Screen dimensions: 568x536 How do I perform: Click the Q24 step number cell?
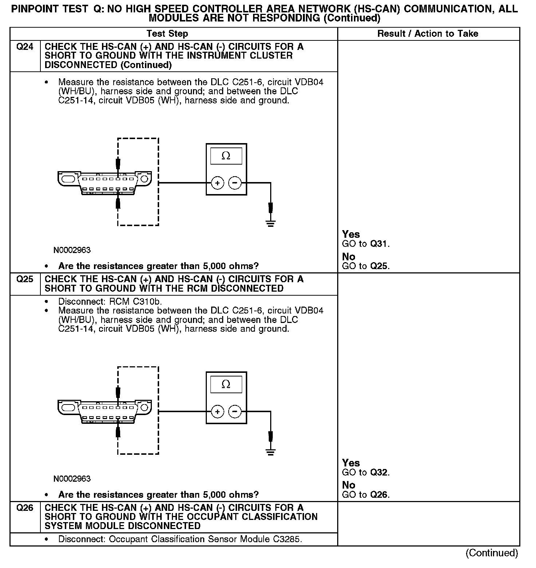(25, 47)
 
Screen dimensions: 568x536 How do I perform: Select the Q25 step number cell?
(25, 279)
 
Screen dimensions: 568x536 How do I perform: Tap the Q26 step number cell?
(25, 508)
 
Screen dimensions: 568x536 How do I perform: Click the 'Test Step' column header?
(167, 34)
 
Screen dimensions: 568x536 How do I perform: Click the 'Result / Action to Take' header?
(427, 34)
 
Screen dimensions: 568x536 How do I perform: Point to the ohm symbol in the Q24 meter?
(226, 156)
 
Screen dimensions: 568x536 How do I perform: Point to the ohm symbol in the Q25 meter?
(226, 384)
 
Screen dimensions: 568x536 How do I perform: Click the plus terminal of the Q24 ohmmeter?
(217, 183)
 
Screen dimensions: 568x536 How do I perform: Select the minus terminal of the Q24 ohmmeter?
(235, 183)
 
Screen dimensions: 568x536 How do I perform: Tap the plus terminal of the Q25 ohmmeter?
(217, 412)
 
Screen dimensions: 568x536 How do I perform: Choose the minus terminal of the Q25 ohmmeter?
(235, 412)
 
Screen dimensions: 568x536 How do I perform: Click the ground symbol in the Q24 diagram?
(270, 224)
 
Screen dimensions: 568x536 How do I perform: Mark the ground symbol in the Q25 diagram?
(270, 452)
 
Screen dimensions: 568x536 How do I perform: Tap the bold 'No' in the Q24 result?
(348, 257)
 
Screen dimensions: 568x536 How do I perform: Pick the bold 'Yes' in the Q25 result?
(351, 463)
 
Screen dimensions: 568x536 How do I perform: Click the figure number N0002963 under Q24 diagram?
(72, 250)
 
